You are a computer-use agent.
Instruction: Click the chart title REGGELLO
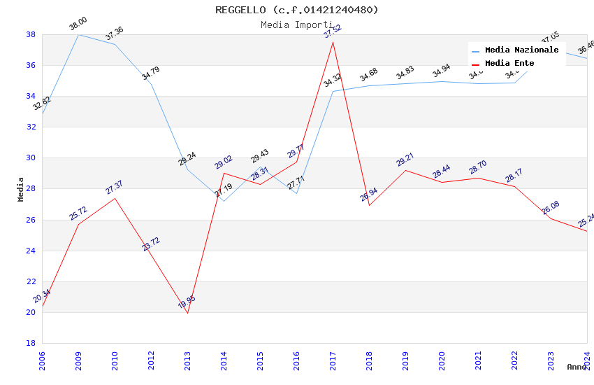click(296, 10)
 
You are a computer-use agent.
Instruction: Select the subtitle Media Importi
click(296, 24)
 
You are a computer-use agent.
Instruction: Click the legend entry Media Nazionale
click(521, 50)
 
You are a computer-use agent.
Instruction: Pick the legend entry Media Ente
click(509, 64)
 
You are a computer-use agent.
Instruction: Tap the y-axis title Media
click(21, 189)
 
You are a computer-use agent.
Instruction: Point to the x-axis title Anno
click(577, 367)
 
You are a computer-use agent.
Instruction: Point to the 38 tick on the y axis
click(31, 34)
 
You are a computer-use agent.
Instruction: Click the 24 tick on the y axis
click(31, 251)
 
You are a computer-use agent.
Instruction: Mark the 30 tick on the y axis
click(31, 158)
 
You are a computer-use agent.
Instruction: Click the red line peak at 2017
click(333, 42)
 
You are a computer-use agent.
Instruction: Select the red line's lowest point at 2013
click(187, 313)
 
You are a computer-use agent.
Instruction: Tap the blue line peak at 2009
click(78, 34)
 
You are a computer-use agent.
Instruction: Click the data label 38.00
click(78, 25)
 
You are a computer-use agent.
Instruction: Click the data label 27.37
click(114, 187)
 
